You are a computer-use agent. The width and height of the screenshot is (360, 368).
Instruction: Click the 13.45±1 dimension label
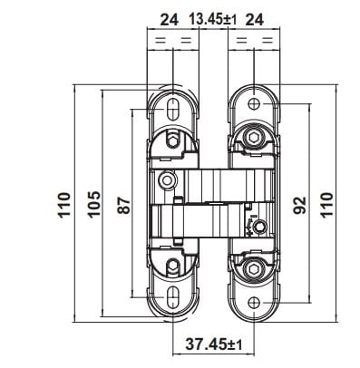[213, 20]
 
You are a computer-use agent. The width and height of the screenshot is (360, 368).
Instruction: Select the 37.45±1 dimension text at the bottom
[213, 344]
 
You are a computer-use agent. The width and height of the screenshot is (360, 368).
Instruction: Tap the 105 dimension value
[94, 204]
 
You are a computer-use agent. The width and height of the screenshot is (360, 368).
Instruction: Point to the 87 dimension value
[124, 206]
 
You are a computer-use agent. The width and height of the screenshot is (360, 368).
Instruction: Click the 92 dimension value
[300, 205]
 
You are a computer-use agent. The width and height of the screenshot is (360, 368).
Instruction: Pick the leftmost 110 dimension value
[64, 205]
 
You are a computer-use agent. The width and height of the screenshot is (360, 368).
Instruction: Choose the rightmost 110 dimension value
[326, 205]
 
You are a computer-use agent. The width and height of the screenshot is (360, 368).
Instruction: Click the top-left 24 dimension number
[170, 20]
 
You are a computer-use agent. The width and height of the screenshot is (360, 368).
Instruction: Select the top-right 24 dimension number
[255, 20]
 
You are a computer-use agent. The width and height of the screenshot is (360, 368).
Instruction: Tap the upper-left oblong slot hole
[172, 109]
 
